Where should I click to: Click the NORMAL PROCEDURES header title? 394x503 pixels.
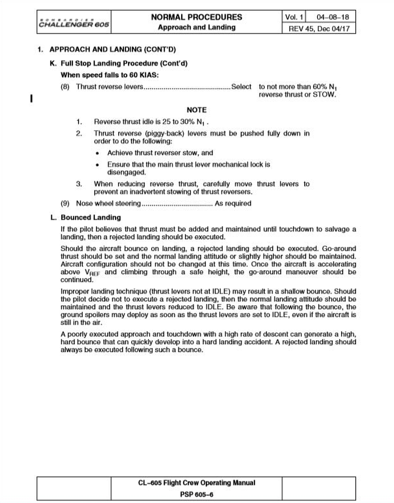197,17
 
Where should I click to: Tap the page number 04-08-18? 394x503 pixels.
333,17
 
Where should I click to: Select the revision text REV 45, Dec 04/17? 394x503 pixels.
319,29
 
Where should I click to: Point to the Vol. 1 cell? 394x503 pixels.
294,17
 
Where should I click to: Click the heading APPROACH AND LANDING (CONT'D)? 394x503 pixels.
112,50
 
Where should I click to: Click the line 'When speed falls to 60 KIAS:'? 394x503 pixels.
110,75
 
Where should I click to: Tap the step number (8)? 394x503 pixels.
65,87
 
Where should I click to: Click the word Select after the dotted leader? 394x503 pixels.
241,87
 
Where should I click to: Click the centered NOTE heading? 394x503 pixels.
197,110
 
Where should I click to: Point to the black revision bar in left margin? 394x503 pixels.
31,98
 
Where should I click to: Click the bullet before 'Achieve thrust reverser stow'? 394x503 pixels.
97,153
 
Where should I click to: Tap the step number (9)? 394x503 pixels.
65,204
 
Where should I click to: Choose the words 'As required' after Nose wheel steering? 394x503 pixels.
233,204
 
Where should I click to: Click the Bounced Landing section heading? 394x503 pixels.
91,217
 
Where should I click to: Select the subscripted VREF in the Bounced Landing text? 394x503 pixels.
92,273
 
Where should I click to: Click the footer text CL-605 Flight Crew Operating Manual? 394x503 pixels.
197,483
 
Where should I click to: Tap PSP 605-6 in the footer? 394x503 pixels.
197,495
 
